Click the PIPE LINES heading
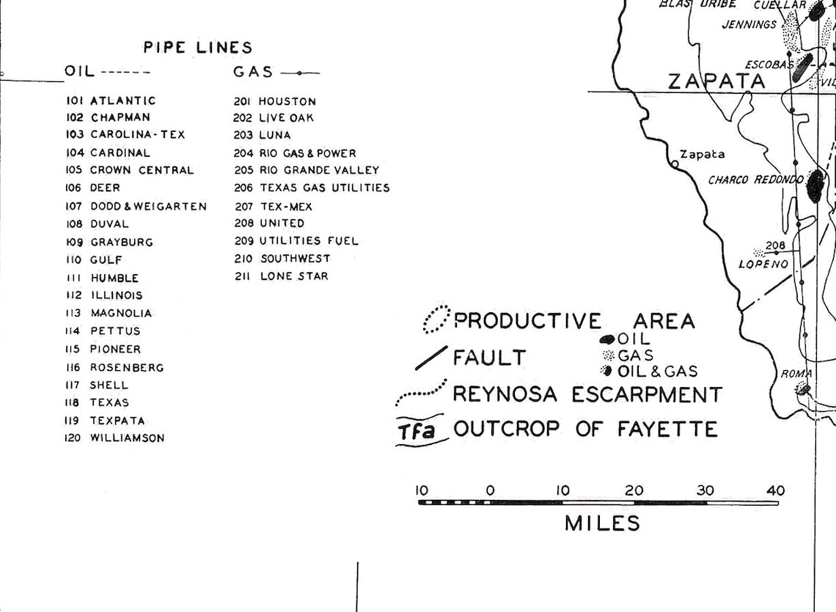(197, 48)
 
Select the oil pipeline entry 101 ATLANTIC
(111, 100)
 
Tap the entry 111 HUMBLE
(102, 278)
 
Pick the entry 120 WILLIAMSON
(115, 438)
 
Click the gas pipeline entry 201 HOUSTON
(275, 101)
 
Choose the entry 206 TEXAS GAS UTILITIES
(312, 188)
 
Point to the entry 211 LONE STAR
(282, 276)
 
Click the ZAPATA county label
(716, 81)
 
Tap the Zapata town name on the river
(702, 154)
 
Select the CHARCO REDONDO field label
(755, 180)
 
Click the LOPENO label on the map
(763, 264)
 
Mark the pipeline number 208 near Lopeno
(775, 246)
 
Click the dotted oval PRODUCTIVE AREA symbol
(437, 319)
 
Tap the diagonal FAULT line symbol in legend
(430, 358)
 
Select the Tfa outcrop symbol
(417, 431)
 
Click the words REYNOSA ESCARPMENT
(587, 394)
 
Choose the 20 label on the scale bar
(634, 490)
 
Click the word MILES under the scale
(602, 523)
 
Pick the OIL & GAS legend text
(657, 372)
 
